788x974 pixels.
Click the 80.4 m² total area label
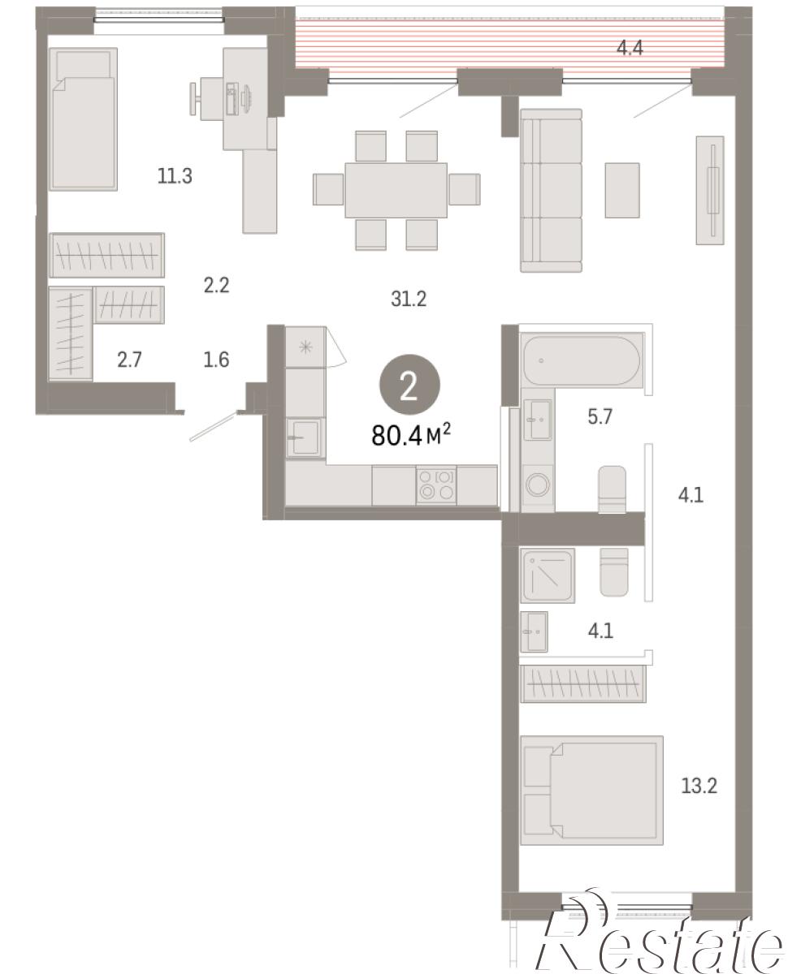pos(410,434)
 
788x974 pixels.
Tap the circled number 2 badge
pos(409,385)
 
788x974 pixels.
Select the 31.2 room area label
pos(408,299)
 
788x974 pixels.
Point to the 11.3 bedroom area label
pos(175,175)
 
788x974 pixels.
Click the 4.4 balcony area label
pos(630,48)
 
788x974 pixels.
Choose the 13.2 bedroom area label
pos(699,786)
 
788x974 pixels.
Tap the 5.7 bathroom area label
pos(600,416)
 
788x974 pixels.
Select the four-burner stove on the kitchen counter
pos(435,485)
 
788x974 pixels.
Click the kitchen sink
pos(305,438)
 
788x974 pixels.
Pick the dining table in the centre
pos(396,190)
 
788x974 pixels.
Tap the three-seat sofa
pos(551,190)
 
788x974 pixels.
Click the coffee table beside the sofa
pos(622,190)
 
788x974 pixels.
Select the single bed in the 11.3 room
pos(84,119)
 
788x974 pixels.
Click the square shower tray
pos(548,575)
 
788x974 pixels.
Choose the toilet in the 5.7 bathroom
pos(613,489)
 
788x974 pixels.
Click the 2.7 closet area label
pos(129,360)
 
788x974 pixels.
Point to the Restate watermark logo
pos(659,942)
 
